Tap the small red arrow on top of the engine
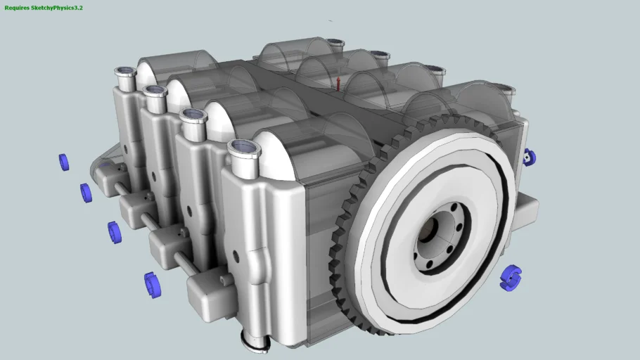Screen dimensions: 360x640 tap(338, 84)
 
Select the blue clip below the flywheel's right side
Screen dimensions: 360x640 tap(511, 278)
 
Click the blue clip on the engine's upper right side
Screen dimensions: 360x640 tap(530, 157)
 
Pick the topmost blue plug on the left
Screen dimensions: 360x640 tap(64, 162)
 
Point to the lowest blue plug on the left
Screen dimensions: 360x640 tap(152, 285)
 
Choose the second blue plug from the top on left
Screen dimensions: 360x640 tap(86, 193)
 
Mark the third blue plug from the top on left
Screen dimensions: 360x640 tap(114, 232)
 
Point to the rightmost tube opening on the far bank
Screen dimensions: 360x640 tap(505, 89)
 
